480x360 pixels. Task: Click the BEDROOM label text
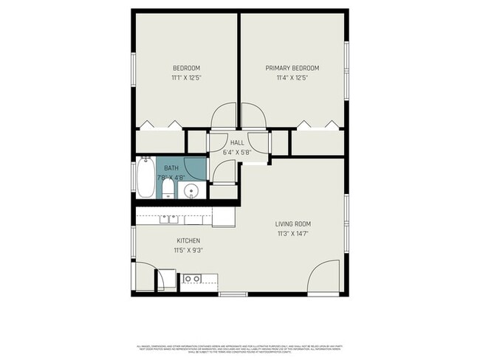point(186,68)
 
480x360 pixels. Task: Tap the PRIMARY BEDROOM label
point(292,68)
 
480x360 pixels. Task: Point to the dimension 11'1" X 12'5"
point(186,77)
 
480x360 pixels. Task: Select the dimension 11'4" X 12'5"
point(292,77)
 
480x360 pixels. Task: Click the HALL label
point(237,142)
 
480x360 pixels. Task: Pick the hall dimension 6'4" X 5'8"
point(237,152)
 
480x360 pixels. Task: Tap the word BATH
point(171,168)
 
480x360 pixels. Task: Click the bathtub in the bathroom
point(145,179)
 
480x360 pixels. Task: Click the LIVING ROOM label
point(292,224)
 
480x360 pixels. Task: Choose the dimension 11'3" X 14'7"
point(292,234)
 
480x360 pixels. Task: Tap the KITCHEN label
point(188,240)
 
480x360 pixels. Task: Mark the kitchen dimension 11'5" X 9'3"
point(188,250)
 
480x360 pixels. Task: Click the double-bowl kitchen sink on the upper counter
point(168,218)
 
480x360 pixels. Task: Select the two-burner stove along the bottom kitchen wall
point(191,279)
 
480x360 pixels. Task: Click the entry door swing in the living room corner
point(324,277)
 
